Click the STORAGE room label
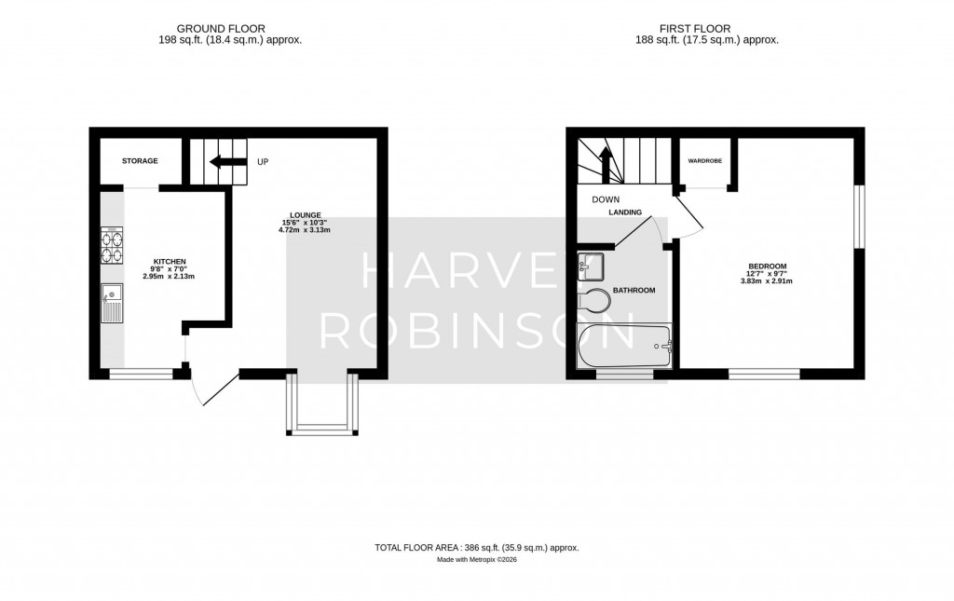[x=140, y=161]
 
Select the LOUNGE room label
[x=306, y=215]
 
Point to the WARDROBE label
[x=705, y=161]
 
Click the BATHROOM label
[x=634, y=291]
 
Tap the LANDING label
[x=625, y=212]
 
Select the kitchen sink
[x=111, y=303]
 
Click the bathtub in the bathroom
[x=623, y=348]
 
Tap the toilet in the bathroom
[x=594, y=300]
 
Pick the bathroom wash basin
[x=591, y=267]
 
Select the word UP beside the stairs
[x=263, y=162]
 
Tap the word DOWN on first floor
[x=606, y=199]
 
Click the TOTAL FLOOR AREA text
[x=477, y=548]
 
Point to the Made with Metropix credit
[x=477, y=560]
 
